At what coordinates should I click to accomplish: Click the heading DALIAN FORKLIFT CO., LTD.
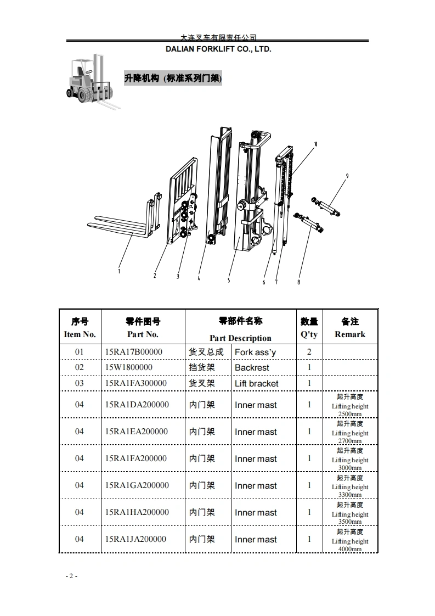[218, 49]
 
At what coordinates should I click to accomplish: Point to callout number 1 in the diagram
[120, 270]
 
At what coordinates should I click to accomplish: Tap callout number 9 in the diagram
[347, 176]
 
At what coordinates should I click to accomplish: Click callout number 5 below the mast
[229, 280]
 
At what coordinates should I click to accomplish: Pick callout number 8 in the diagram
[298, 282]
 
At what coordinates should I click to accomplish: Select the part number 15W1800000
[128, 367]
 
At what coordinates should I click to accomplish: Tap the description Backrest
[252, 368]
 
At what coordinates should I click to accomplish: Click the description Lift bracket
[256, 383]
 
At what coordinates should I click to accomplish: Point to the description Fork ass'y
[255, 352]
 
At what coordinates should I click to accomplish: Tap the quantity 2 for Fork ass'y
[309, 352]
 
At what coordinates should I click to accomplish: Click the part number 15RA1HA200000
[137, 512]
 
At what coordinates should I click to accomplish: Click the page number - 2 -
[71, 576]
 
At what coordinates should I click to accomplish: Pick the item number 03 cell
[80, 383]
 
